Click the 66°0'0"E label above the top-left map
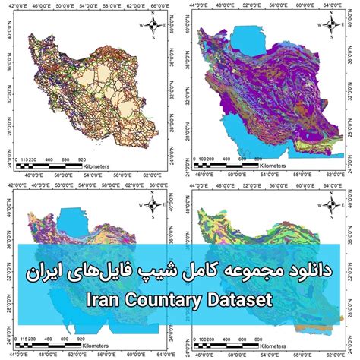159,5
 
